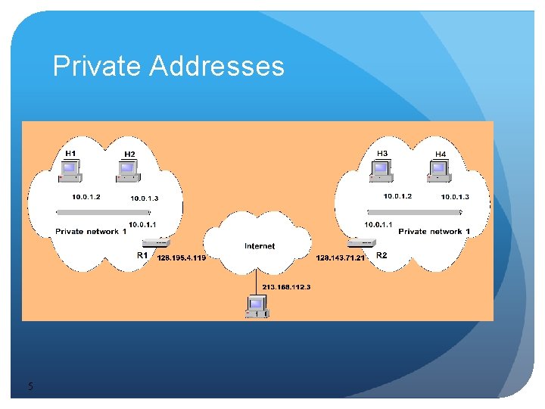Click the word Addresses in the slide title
tap(216, 67)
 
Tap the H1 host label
tap(70, 154)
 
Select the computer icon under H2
tap(129, 173)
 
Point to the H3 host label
tap(382, 154)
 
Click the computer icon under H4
tap(440, 173)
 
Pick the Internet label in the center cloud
tap(260, 246)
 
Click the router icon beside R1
tap(157, 242)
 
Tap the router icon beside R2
tap(362, 242)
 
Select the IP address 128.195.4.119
tap(181, 258)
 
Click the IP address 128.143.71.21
tap(341, 258)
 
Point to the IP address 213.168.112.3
tap(287, 287)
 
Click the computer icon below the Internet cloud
tap(257, 306)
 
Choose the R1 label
tap(142, 256)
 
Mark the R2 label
tap(381, 255)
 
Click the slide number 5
tap(30, 387)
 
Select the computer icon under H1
tap(71, 173)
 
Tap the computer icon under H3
tap(381, 173)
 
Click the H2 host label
tap(129, 155)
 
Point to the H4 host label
tap(441, 155)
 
